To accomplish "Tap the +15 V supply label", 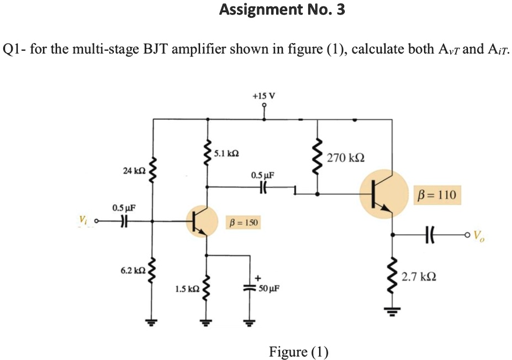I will click(263, 96).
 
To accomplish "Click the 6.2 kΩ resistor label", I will click(133, 271).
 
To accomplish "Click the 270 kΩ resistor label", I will click(346, 158).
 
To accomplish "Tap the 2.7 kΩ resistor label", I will click(420, 276).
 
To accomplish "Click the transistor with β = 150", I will click(203, 222).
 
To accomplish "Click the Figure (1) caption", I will click(298, 352).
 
